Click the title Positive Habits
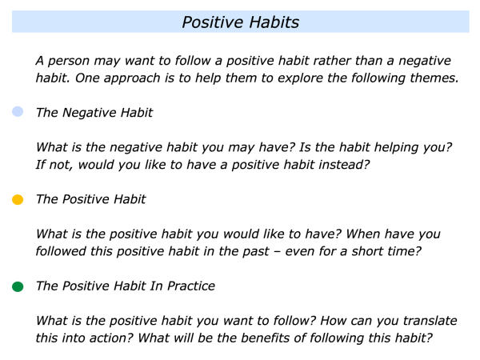coord(241,22)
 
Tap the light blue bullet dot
coord(18,112)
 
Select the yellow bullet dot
coord(18,199)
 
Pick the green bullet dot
coord(18,286)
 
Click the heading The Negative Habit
coord(94,113)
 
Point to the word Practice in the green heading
coord(191,286)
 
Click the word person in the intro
coord(69,62)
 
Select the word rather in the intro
coord(333,60)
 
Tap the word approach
coord(132,78)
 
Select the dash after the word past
coord(278,252)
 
